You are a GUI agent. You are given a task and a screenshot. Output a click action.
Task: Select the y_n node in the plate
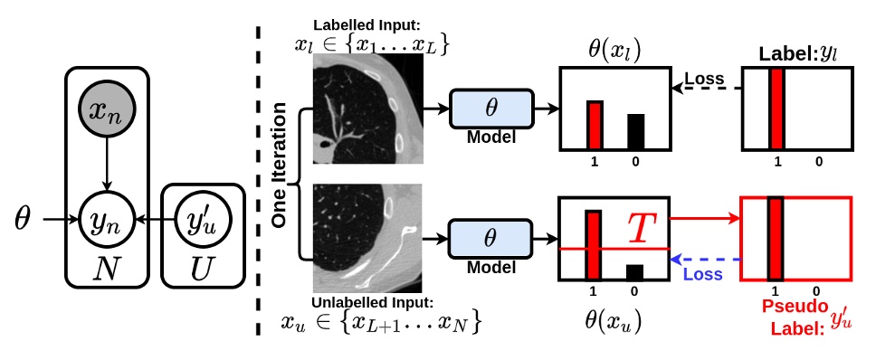[x=108, y=218]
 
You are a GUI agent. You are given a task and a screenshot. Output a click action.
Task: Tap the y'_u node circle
[x=197, y=218]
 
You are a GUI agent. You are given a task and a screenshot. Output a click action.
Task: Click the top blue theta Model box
[x=490, y=108]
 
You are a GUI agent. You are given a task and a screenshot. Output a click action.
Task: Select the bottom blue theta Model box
[x=490, y=238]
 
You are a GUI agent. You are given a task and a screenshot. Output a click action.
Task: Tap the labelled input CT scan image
[x=367, y=108]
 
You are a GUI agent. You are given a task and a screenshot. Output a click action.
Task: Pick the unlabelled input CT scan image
[x=367, y=237]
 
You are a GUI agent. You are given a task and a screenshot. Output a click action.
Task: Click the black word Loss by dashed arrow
[x=706, y=79]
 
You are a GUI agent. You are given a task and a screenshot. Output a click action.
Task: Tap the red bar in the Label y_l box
[x=776, y=109]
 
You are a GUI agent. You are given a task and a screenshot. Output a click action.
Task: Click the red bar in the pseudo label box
[x=775, y=239]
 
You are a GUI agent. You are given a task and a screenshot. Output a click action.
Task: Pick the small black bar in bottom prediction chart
[x=635, y=272]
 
